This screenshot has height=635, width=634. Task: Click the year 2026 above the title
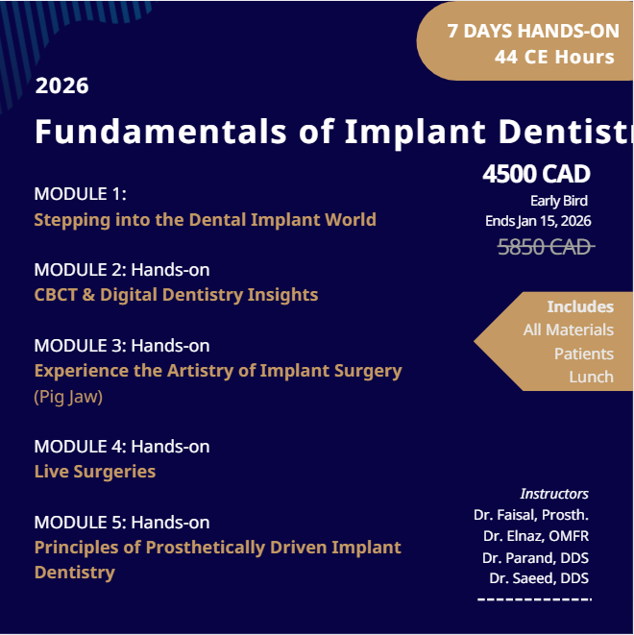point(62,85)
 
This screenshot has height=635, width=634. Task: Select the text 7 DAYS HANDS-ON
point(533,31)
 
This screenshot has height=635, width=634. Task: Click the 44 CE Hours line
point(554,57)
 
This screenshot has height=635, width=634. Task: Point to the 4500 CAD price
point(536,174)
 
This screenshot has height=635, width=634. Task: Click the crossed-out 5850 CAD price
point(544,247)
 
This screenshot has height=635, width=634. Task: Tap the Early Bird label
point(558,201)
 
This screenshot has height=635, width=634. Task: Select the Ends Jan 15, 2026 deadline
point(538,221)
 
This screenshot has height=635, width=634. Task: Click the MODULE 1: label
point(80,193)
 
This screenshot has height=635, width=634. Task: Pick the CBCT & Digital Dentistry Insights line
point(176,294)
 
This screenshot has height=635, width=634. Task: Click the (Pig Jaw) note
point(68,396)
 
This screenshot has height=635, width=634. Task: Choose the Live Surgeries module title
point(94,471)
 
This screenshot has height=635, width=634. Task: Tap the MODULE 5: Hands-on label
point(121,522)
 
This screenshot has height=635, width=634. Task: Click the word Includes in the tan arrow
point(579,306)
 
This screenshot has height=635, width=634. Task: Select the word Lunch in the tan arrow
point(591,377)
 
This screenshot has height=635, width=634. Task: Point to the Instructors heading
point(554,493)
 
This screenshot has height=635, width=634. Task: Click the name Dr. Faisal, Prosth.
point(531,515)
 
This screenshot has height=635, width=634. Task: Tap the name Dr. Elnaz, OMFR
point(536,536)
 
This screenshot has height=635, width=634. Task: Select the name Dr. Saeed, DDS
point(539,578)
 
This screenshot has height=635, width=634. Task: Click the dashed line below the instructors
point(534,599)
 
